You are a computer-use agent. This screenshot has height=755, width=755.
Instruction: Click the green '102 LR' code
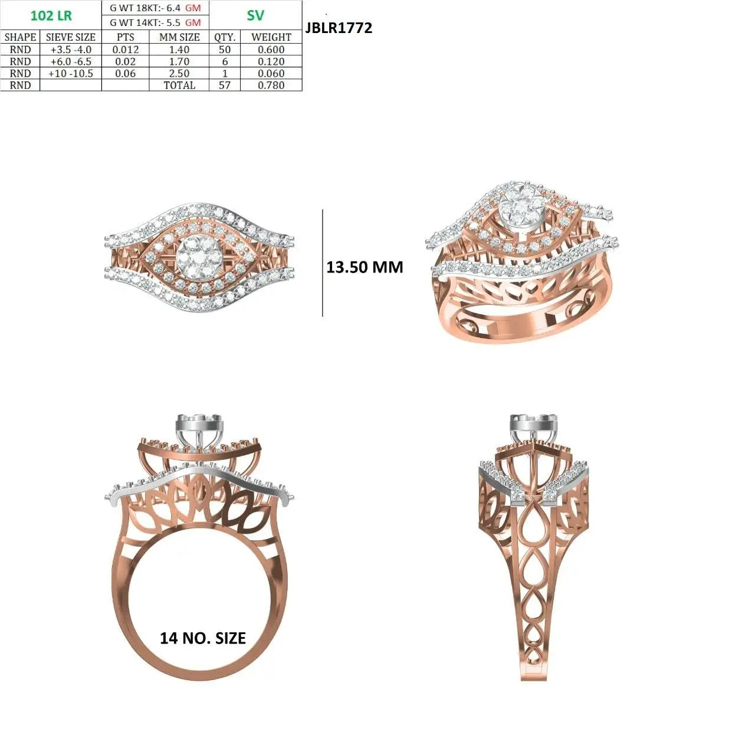point(51,15)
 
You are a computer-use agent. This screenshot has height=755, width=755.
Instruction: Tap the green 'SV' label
point(255,15)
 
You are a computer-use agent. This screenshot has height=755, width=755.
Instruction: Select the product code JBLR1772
point(339,28)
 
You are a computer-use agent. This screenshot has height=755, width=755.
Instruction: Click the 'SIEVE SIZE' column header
point(71,37)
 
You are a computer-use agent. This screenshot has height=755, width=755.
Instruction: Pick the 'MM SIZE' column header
point(179,37)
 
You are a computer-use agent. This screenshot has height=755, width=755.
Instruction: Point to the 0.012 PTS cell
point(126,50)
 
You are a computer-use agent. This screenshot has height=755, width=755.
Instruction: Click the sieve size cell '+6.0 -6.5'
point(71,61)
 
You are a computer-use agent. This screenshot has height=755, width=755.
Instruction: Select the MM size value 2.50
point(179,73)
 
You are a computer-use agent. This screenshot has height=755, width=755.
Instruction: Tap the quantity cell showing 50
point(225,50)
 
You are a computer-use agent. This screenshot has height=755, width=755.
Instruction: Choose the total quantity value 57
point(225,85)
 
